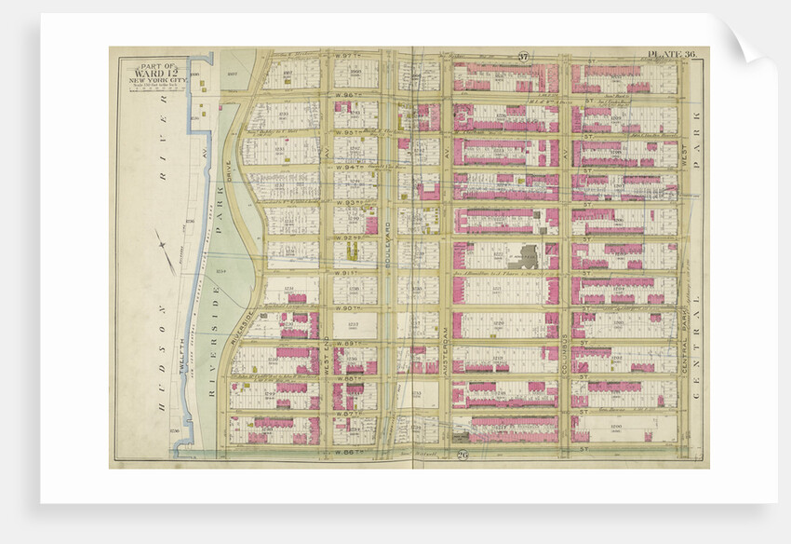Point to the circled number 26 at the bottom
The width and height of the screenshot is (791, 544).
point(463,454)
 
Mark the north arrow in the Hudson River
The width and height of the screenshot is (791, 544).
point(168,252)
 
